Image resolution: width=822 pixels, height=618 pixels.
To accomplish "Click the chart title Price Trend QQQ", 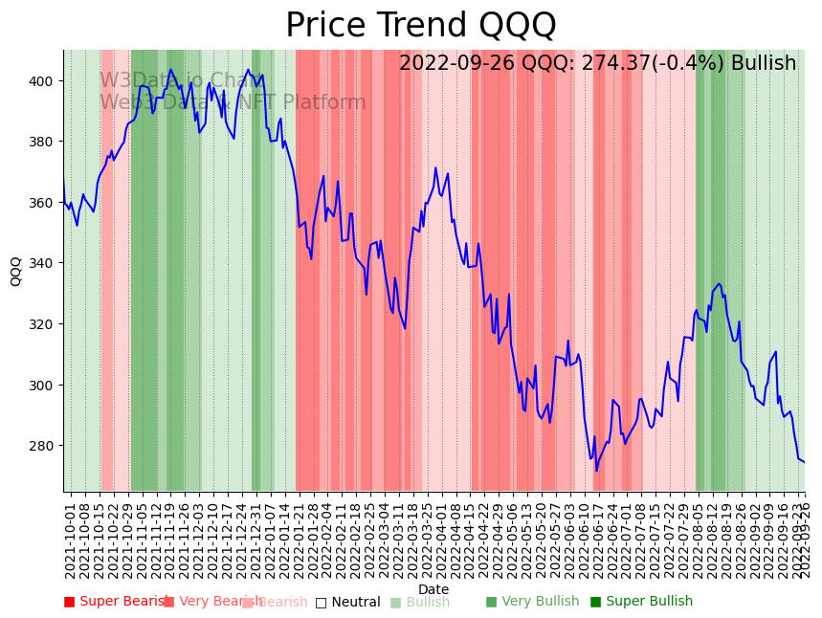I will click(x=420, y=26).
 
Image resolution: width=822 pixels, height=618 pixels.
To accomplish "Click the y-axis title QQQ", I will click(x=15, y=271).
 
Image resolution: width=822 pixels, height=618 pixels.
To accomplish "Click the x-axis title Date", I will click(x=433, y=589).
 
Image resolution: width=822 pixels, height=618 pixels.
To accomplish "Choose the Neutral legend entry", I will click(x=347, y=603).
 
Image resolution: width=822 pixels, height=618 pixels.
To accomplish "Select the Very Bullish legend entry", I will click(x=532, y=602).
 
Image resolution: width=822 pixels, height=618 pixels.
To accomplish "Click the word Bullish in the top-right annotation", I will click(x=764, y=64).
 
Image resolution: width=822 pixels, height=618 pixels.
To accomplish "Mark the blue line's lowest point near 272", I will click(x=596, y=470).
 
